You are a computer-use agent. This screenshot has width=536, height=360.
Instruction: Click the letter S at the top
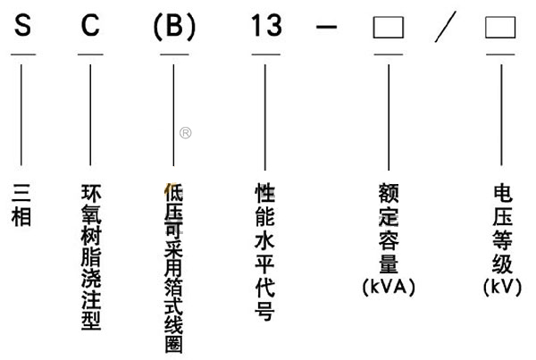[23, 28]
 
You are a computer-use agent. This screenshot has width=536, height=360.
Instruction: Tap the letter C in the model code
[90, 28]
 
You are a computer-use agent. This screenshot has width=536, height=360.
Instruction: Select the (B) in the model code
[173, 28]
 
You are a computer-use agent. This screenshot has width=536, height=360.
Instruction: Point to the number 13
[265, 28]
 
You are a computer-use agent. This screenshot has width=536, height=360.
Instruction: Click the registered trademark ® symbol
[185, 133]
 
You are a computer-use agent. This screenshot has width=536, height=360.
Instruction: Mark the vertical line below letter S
[23, 107]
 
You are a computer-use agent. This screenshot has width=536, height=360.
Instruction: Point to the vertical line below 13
[265, 107]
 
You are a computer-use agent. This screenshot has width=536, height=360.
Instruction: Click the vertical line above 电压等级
[499, 107]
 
